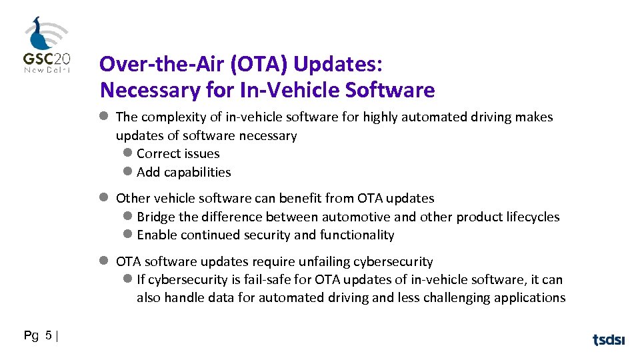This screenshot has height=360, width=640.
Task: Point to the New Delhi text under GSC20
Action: coord(47,69)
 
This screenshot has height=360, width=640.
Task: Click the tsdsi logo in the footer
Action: coord(609,339)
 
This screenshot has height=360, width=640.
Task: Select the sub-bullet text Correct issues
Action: coord(178,153)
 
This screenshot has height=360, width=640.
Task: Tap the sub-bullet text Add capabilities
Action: coord(184,172)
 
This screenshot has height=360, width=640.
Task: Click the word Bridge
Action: coord(156,217)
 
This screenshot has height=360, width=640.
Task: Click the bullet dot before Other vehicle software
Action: coord(104,198)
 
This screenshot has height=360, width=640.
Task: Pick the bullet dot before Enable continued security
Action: coord(129,235)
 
